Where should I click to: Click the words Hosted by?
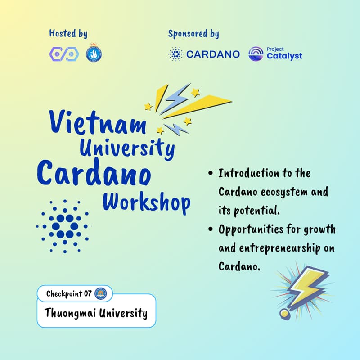tap(68, 34)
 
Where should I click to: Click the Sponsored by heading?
tap(193, 34)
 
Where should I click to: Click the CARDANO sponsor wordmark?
tap(213, 54)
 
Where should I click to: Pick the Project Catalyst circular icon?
tap(256, 54)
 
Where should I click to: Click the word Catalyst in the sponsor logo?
tap(284, 57)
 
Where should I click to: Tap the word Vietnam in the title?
tap(97, 122)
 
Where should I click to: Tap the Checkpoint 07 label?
tap(69, 294)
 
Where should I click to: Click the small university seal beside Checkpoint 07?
tap(100, 294)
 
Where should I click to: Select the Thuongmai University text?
tap(96, 313)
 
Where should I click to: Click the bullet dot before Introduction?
tap(211, 174)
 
